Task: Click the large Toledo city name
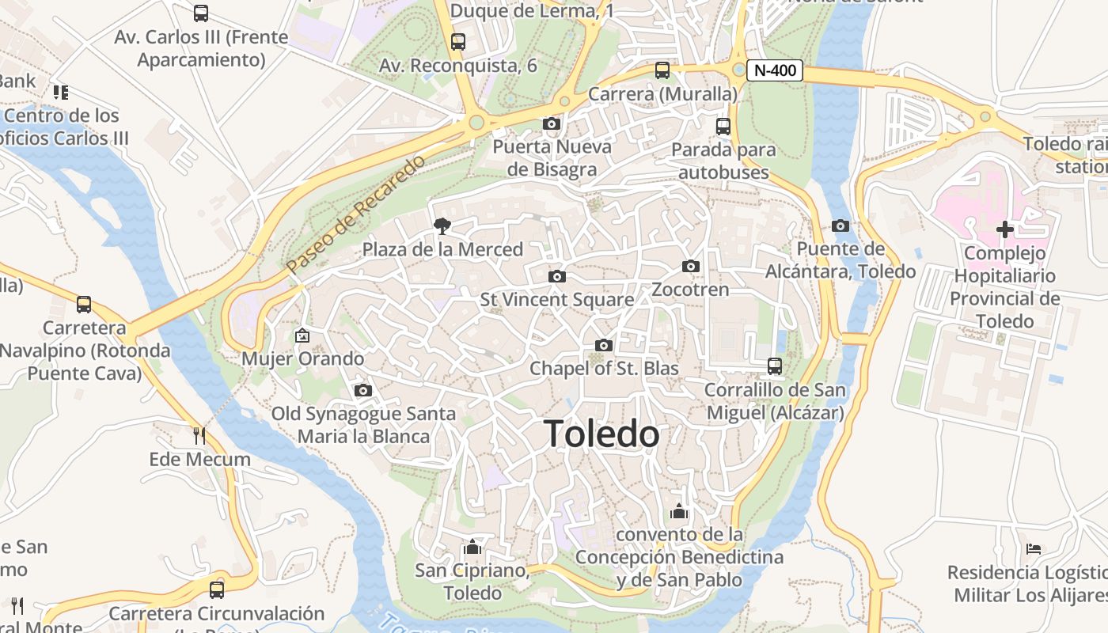point(601,434)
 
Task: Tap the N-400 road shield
point(776,70)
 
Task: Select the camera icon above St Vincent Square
point(557,276)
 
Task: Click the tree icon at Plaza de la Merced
point(442,226)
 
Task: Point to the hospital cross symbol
point(1004,229)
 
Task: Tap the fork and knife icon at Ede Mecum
point(199,435)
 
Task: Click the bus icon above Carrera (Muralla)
point(662,70)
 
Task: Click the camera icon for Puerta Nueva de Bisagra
point(552,123)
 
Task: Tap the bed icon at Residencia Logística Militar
point(1034,548)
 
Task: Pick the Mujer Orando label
point(303,358)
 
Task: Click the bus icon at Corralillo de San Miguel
point(775,366)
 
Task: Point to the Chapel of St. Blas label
point(604,368)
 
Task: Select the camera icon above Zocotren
point(691,266)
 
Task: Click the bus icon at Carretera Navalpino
point(84,304)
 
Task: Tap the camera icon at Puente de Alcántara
point(840,226)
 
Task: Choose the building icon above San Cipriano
point(472,547)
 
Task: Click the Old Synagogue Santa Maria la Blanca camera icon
point(363,390)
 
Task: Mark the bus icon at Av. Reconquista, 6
point(458,42)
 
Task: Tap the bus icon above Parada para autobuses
point(723,126)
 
